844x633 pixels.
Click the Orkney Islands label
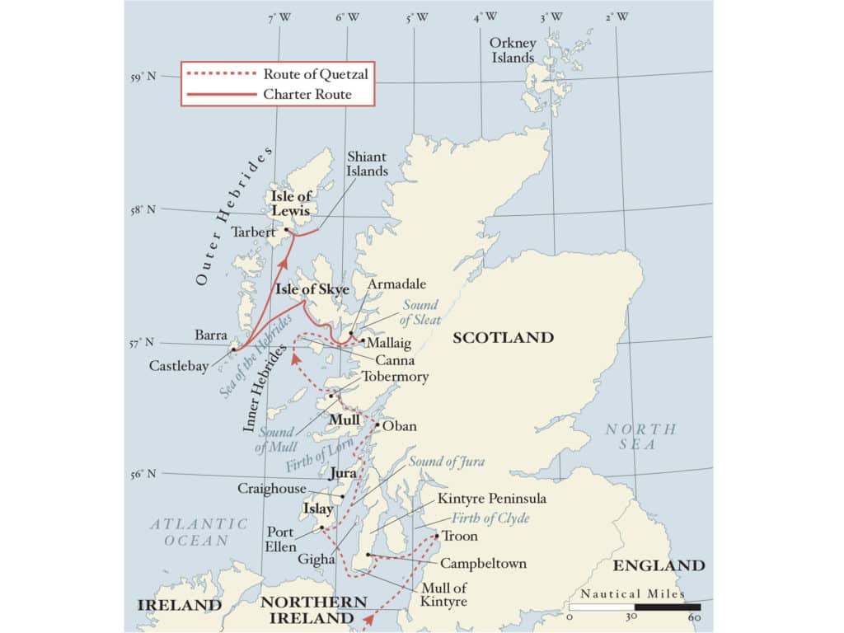[x=512, y=50]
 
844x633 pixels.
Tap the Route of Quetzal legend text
[x=315, y=73]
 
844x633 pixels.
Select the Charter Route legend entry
[x=307, y=94]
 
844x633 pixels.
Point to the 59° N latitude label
[x=143, y=77]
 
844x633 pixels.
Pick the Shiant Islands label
[x=367, y=163]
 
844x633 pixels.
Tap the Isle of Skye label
[x=312, y=289]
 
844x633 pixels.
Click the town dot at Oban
[x=377, y=425]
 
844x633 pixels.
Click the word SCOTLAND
[x=503, y=337]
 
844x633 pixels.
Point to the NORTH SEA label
[x=641, y=437]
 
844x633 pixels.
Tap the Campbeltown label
[x=483, y=564]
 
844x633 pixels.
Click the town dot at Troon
[x=437, y=536]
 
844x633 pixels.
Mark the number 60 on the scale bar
[x=694, y=617]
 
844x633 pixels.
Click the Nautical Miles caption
[x=632, y=593]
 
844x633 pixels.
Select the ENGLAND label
[x=659, y=565]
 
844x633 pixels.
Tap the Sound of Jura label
[x=446, y=462]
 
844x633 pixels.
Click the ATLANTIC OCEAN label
[x=198, y=532]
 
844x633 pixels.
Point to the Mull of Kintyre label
[x=444, y=595]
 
